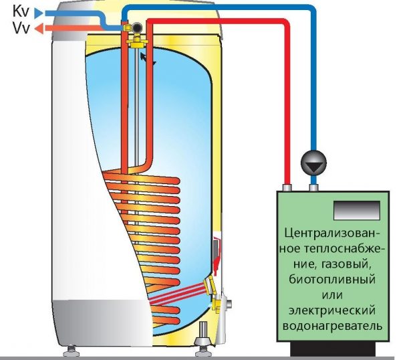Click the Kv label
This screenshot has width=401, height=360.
pos(19,12)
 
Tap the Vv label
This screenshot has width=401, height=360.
pos(19,29)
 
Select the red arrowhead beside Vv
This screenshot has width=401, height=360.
pos(38,29)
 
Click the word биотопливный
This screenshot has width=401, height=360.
pos(334,278)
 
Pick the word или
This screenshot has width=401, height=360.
pos(334,294)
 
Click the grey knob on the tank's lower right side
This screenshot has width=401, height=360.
pos(230,306)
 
